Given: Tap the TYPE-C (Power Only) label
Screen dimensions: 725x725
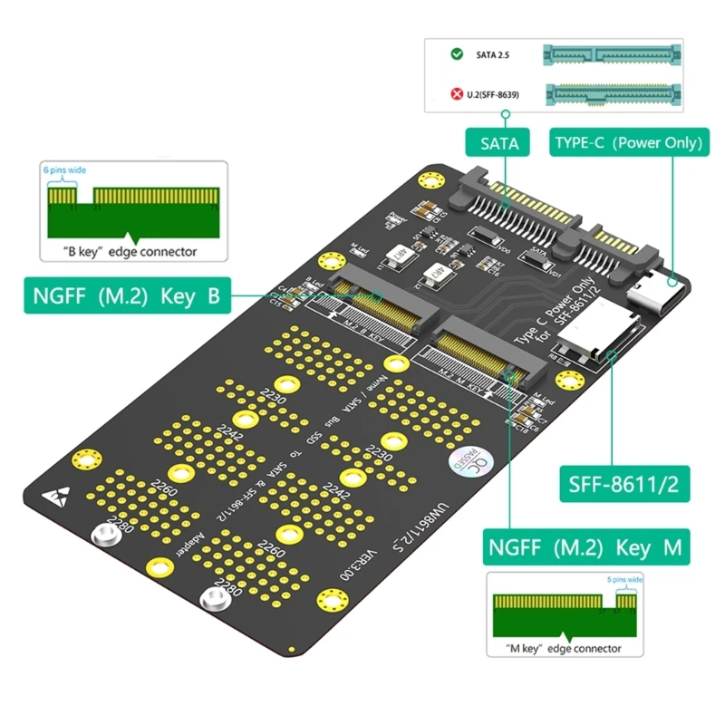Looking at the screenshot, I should pyautogui.click(x=627, y=143).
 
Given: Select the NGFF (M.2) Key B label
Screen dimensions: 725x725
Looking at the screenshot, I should pyautogui.click(x=128, y=295).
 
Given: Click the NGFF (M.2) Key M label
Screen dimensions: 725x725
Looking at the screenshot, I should pyautogui.click(x=585, y=548).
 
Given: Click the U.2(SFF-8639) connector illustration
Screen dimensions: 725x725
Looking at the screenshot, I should pyautogui.click(x=613, y=93).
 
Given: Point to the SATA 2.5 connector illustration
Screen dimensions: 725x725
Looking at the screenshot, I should pyautogui.click(x=613, y=54).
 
